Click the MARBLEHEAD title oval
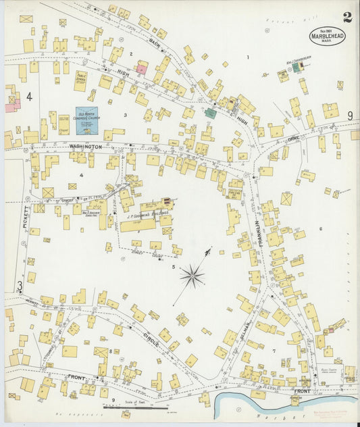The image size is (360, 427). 328,36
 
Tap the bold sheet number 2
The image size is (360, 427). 347,18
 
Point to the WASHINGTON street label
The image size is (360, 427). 84,146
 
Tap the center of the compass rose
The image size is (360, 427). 192,275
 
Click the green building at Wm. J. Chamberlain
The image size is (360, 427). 295,68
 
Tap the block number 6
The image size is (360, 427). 321,229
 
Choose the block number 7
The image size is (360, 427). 274,351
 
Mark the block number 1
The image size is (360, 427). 248,57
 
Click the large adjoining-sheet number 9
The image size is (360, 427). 350,116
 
